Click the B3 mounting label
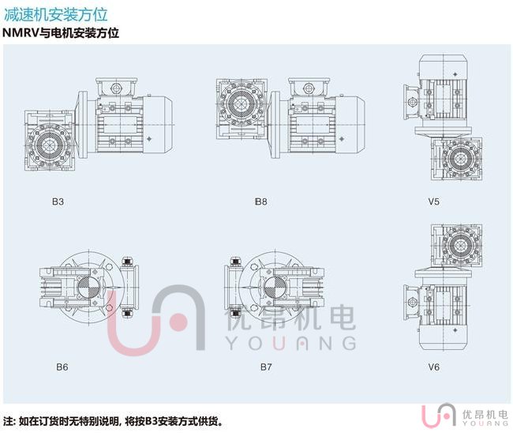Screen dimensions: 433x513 point(58,201)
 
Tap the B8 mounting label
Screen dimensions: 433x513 point(261,201)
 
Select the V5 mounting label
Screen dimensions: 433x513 point(434,201)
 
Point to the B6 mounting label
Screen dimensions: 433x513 point(62,367)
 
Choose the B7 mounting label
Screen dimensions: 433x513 point(266,367)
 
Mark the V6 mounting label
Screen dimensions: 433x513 point(434,367)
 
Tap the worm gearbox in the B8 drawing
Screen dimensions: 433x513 point(241,107)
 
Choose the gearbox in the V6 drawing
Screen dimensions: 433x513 point(455,246)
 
